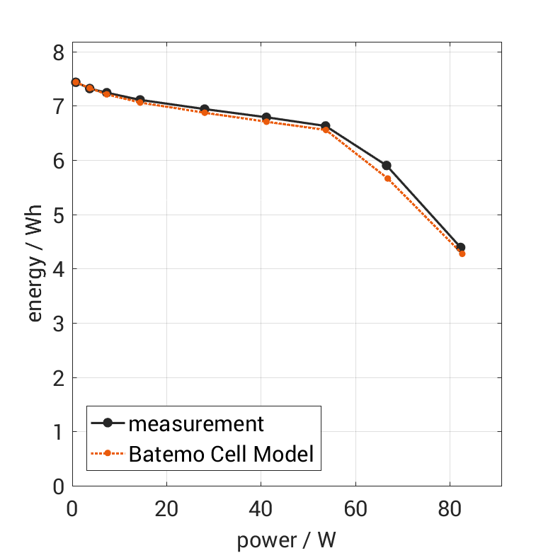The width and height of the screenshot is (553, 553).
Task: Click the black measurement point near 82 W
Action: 461,247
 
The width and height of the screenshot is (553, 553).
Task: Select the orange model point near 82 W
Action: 462,253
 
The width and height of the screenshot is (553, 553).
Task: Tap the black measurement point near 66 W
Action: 387,166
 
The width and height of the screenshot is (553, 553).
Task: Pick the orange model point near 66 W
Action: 388,178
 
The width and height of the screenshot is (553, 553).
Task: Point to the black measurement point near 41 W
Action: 266,118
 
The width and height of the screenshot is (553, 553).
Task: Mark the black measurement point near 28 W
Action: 205,109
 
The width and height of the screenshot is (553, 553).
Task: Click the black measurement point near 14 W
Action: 140,100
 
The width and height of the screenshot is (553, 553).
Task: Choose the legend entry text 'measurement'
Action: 196,423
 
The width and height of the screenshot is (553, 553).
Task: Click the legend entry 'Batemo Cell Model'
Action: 221,453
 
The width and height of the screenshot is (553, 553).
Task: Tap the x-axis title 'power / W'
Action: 286,540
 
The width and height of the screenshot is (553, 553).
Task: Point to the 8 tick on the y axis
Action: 58,52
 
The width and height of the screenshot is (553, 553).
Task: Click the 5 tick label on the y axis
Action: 58,215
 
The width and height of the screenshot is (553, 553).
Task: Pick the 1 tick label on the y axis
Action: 58,432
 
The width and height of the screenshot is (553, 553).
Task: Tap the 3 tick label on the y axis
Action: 58,324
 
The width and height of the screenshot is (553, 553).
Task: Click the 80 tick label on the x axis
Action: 450,508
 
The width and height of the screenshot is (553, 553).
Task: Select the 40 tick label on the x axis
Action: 261,508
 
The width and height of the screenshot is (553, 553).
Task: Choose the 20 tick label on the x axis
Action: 166,508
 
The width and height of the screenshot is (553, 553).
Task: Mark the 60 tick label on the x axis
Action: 355,508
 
